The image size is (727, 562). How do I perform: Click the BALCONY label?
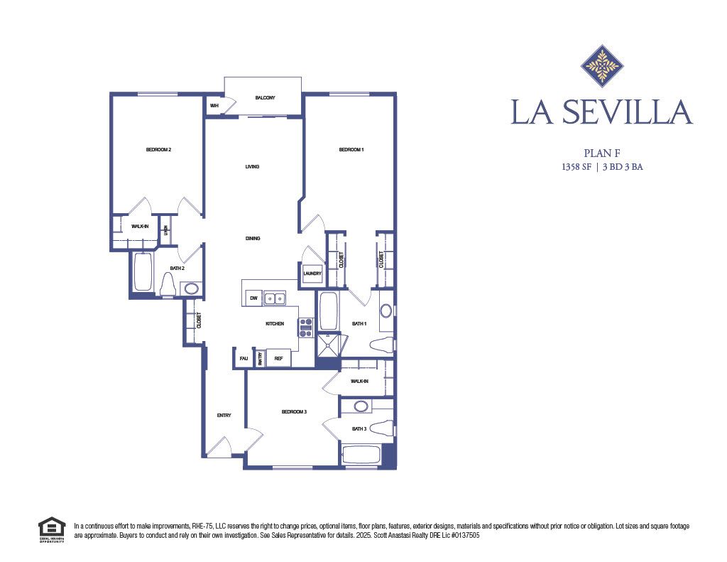(x=265, y=97)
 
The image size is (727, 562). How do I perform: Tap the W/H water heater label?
(x=214, y=106)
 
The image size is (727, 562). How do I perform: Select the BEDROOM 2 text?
(x=159, y=149)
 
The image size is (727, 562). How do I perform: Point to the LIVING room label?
(x=252, y=167)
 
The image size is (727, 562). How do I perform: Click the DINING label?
(x=253, y=239)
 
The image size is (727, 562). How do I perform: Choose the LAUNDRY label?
(x=312, y=274)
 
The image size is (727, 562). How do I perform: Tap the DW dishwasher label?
(x=253, y=298)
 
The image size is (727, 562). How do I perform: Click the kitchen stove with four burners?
(x=306, y=328)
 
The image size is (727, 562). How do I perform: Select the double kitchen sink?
(x=275, y=298)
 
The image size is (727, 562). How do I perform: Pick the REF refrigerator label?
(x=278, y=358)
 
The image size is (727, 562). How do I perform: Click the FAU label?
(x=244, y=358)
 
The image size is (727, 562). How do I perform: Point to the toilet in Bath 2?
(x=169, y=285)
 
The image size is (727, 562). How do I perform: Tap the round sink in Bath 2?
(x=190, y=288)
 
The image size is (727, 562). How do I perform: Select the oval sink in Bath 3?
(x=361, y=406)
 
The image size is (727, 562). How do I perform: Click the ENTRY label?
(x=224, y=416)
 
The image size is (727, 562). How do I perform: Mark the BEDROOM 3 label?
(x=294, y=412)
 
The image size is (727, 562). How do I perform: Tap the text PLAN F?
(x=602, y=152)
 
